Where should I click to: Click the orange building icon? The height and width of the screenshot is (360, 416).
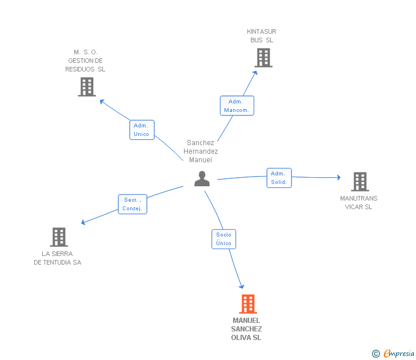click(248, 304)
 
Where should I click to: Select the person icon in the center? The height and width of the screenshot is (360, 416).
click(202, 178)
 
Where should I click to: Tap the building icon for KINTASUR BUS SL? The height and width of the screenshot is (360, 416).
click(263, 58)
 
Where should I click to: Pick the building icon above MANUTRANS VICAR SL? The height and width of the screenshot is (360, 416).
click(360, 182)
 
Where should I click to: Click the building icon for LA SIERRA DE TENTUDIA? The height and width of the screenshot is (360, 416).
click(59, 237)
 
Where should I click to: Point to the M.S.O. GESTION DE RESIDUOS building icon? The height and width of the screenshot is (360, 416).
click(87, 87)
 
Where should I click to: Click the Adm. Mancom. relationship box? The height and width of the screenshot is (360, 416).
click(237, 106)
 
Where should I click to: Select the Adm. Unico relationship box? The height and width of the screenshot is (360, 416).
click(142, 130)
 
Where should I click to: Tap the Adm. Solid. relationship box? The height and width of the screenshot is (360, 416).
click(279, 178)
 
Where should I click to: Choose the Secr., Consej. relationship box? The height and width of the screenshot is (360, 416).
click(133, 204)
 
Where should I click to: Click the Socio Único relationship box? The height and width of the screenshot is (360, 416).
click(223, 239)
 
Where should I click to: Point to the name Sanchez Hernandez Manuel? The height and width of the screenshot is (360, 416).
click(201, 151)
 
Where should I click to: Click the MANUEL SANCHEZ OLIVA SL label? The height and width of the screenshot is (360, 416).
click(246, 329)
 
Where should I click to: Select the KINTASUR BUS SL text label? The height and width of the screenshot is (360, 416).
click(262, 36)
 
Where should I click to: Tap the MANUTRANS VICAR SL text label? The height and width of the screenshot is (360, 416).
click(358, 202)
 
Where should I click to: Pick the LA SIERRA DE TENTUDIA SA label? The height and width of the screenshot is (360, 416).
click(57, 258)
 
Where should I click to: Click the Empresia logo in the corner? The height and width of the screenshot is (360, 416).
click(393, 353)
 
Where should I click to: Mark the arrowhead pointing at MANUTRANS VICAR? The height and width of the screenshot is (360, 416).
click(339, 177)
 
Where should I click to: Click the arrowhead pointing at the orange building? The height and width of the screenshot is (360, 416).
click(242, 286)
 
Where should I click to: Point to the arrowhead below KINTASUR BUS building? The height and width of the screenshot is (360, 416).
click(255, 73)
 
